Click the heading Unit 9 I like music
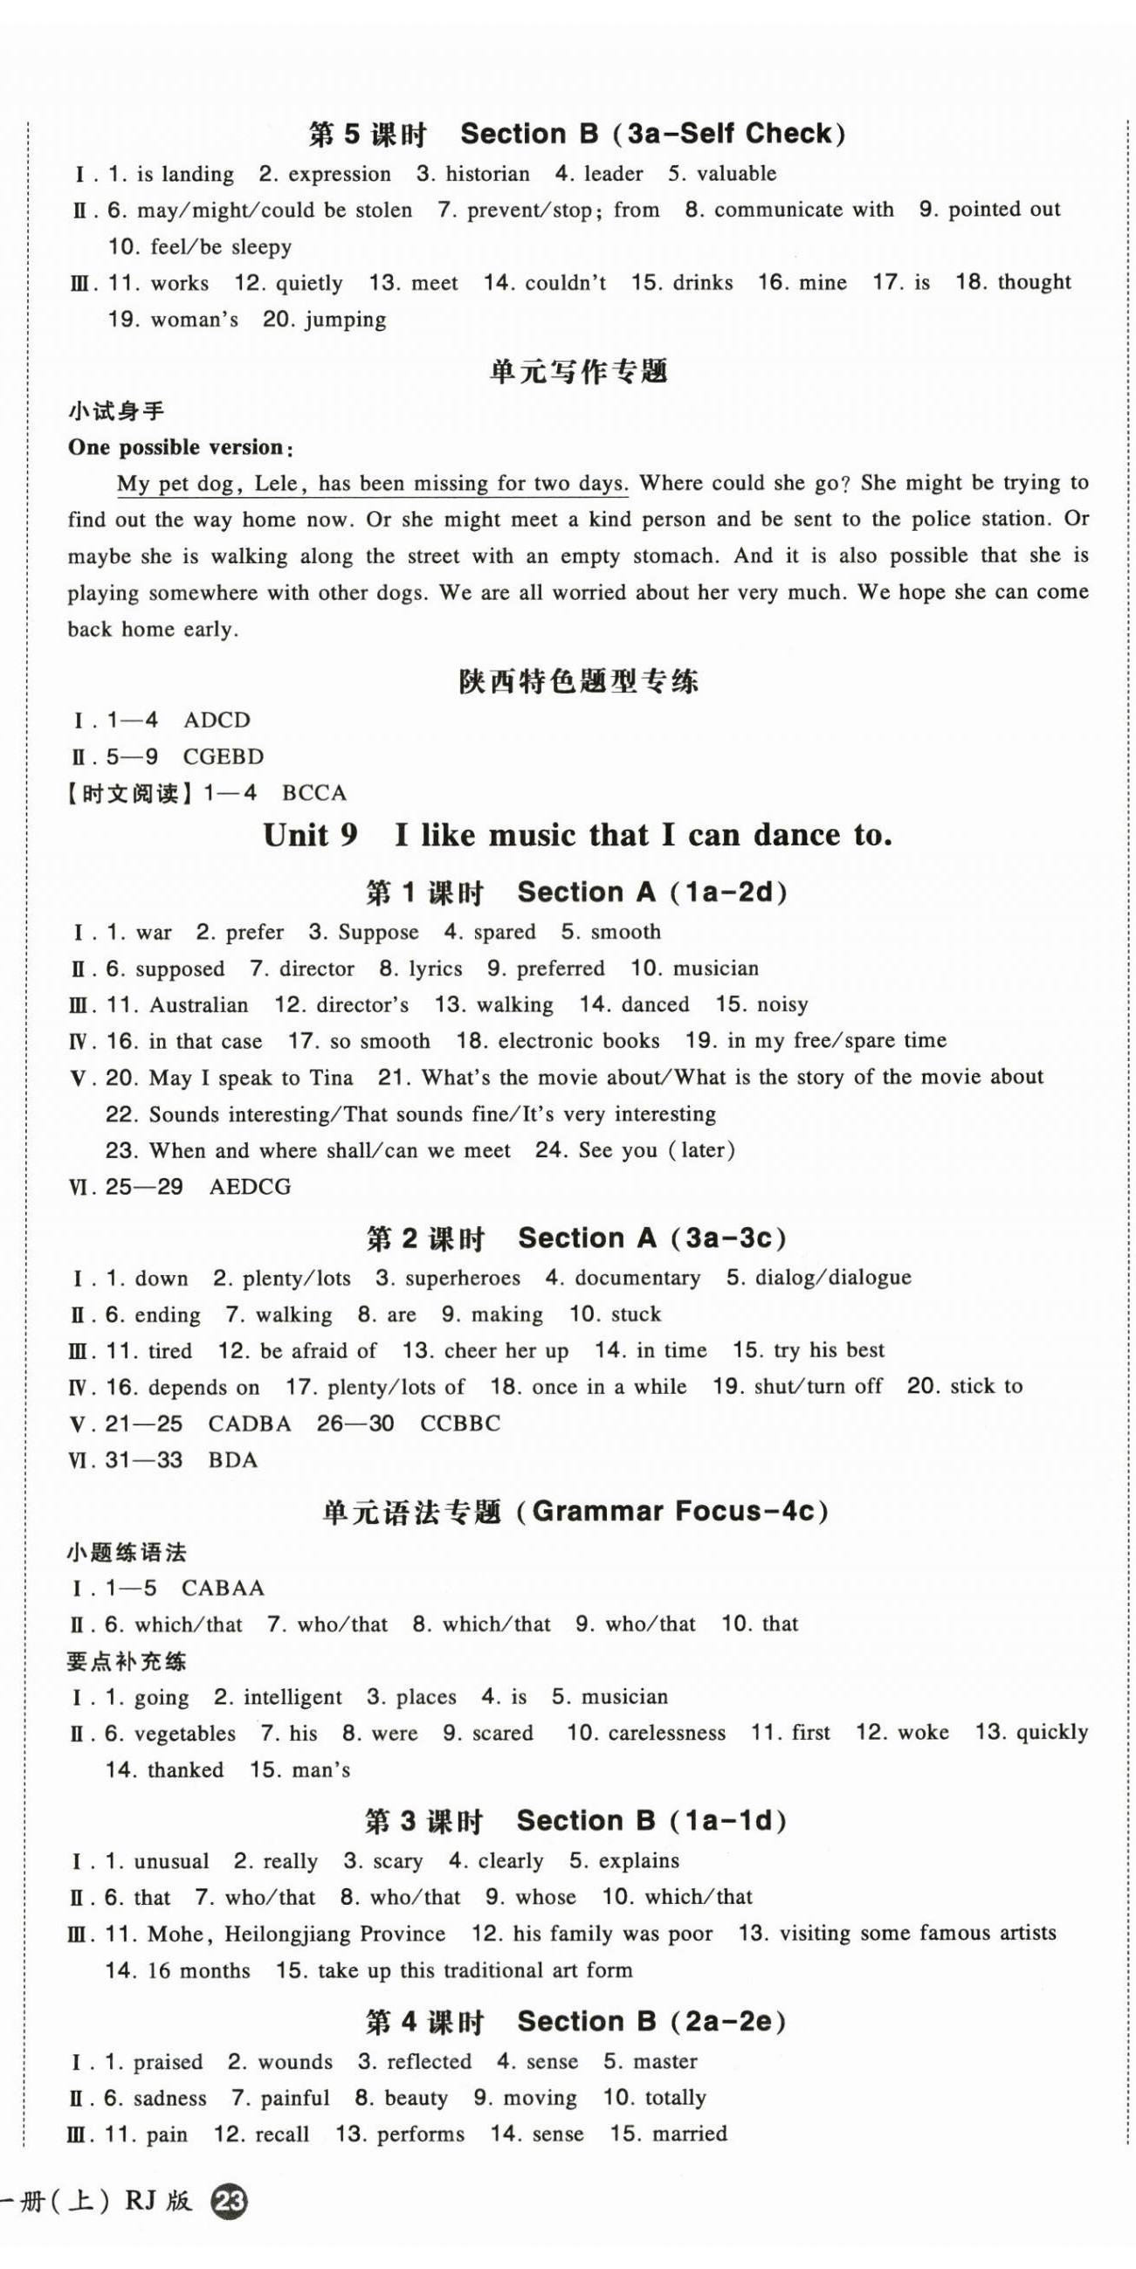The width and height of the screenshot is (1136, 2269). click(577, 835)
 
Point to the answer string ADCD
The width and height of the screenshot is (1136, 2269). click(217, 721)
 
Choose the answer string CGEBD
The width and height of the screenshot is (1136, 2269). click(223, 756)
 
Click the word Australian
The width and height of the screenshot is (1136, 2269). click(199, 1005)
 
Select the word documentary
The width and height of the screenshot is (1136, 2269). click(637, 1278)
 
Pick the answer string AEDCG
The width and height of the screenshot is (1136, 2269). click(250, 1188)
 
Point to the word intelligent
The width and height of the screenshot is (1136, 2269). click(293, 1697)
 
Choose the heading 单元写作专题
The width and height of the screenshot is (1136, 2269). click(578, 372)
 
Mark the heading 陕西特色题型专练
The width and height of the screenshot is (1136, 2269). click(578, 681)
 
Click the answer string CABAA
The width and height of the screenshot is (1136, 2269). click(223, 1588)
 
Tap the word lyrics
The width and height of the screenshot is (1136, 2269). click(435, 969)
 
